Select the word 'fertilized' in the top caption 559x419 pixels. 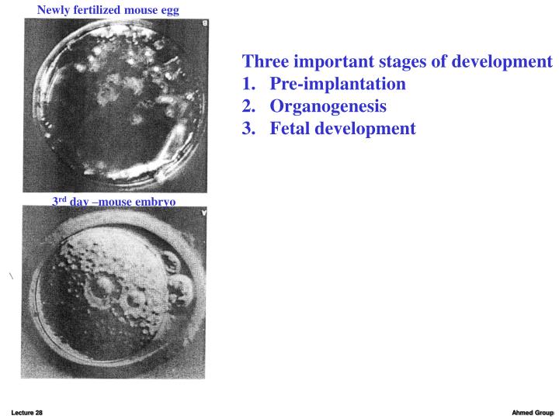(x=99, y=10)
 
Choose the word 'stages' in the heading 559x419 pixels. (x=415, y=62)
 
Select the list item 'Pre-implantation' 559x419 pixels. (x=338, y=84)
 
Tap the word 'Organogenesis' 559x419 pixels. (x=328, y=106)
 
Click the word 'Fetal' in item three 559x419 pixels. (x=292, y=128)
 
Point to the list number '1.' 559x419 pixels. (x=250, y=84)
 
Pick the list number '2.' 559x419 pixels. (x=250, y=106)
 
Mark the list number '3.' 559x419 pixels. (x=250, y=128)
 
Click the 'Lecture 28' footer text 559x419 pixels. (x=26, y=412)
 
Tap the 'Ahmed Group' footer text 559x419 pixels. (x=532, y=412)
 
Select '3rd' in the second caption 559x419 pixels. (x=59, y=202)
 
